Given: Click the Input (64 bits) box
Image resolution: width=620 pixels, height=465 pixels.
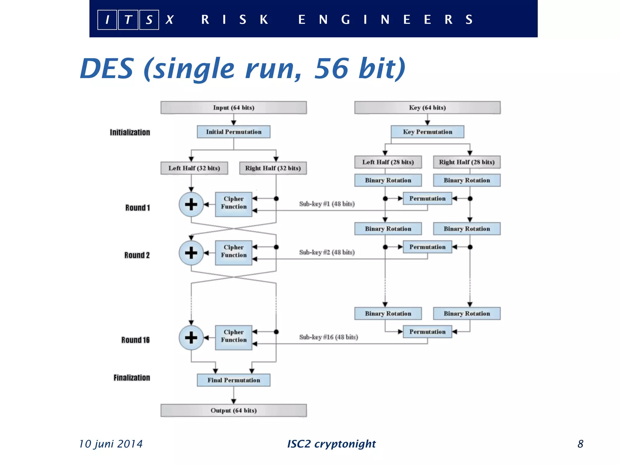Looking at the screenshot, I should click(x=233, y=108).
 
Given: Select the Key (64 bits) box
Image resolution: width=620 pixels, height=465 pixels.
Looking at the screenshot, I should click(x=427, y=108).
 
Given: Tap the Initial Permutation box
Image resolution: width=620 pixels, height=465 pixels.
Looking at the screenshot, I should click(x=233, y=132).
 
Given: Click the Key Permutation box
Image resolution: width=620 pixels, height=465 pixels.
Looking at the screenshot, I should click(x=427, y=132).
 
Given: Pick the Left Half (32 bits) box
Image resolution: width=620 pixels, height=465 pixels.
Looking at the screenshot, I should click(x=194, y=168).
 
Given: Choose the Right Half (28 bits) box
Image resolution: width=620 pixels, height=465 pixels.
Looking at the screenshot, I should click(x=467, y=162).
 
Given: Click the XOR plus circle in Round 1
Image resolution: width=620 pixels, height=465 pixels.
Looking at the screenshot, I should click(x=191, y=204).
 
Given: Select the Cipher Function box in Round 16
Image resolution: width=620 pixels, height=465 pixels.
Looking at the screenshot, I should click(x=233, y=338).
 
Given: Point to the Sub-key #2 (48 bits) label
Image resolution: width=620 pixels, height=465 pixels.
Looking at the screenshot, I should click(x=327, y=252).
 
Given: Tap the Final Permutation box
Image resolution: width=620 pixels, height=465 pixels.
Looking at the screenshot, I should click(x=233, y=380).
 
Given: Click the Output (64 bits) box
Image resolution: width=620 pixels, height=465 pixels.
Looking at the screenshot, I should click(x=233, y=411).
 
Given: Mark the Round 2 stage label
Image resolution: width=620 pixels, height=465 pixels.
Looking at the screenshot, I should click(x=137, y=255).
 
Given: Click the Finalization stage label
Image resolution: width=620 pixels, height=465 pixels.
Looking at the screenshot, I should click(x=132, y=378).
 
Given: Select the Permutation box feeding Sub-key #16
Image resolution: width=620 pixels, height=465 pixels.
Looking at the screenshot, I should click(x=427, y=332).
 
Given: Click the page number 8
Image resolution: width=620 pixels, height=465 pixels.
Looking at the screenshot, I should click(x=580, y=444).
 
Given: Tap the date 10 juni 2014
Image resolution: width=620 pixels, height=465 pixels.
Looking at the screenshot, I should click(x=111, y=444).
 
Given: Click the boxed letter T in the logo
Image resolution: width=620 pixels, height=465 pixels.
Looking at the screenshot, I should click(x=128, y=20).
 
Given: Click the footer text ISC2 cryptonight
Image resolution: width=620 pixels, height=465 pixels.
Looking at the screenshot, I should click(x=331, y=444).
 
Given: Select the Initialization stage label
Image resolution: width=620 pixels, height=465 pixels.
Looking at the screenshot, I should click(x=130, y=133).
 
